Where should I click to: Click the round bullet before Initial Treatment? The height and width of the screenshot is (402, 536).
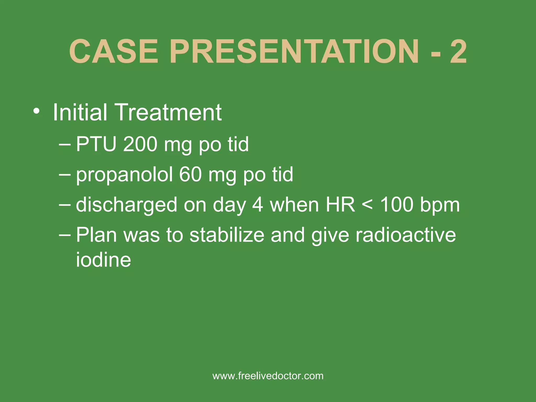click(x=37, y=112)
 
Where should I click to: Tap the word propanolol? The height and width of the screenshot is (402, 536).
click(x=124, y=175)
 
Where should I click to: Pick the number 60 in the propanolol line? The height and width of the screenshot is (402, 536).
click(x=190, y=175)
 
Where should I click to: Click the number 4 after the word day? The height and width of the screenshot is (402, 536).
click(x=258, y=205)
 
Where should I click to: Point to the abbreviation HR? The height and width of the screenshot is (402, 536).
click(x=340, y=205)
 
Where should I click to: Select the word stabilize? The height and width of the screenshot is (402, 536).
click(x=227, y=235)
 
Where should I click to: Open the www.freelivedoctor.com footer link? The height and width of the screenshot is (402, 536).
click(x=268, y=376)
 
